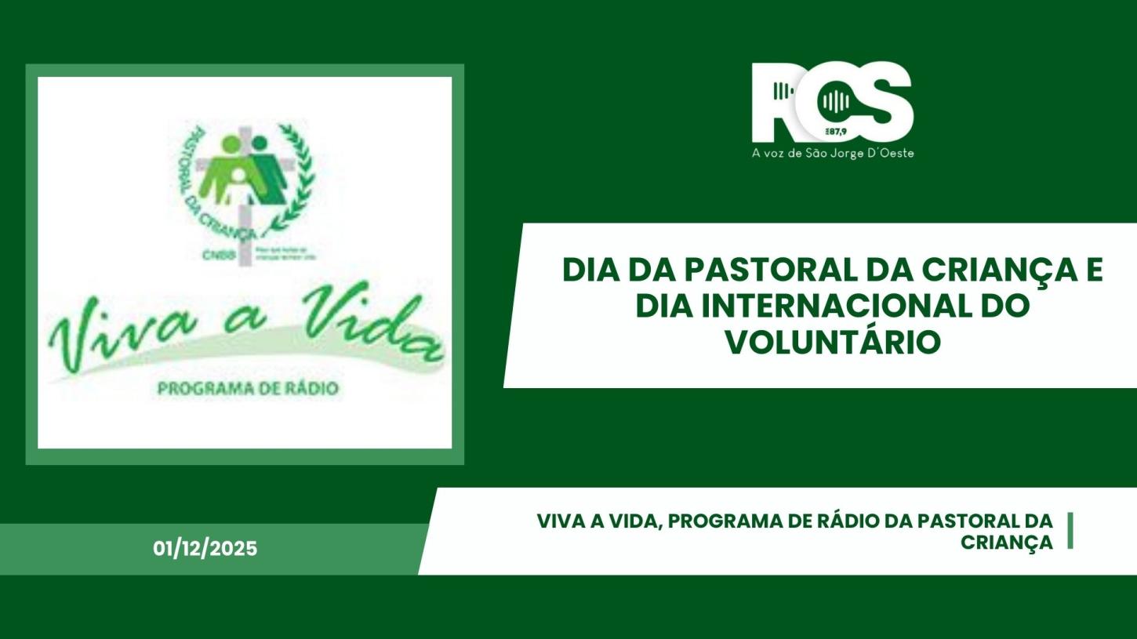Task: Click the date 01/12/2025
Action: pos(205,549)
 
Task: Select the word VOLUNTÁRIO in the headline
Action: pos(832,342)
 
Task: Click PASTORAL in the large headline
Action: pos(769,270)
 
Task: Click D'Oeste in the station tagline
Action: pos(889,154)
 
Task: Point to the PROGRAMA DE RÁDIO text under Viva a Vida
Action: pos(248,388)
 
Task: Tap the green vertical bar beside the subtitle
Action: pos(1070,531)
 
